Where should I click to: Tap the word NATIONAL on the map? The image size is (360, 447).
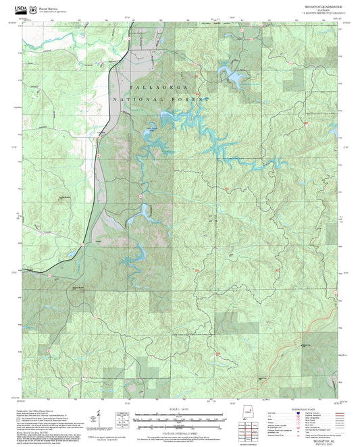(x=135, y=99)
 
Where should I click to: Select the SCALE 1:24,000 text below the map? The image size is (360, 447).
(x=180, y=409)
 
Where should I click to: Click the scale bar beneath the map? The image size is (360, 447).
(x=180, y=417)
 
